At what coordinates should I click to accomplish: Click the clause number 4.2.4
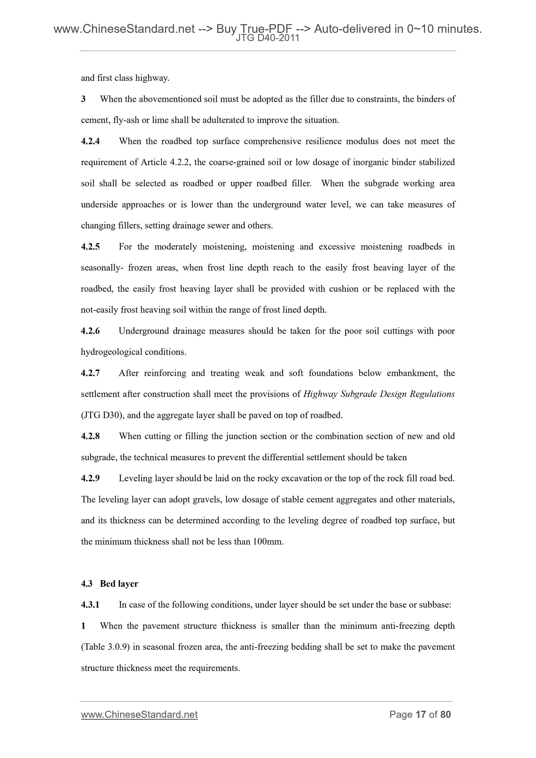point(90,141)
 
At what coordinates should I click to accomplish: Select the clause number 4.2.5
point(90,247)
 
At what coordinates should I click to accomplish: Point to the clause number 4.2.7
point(90,373)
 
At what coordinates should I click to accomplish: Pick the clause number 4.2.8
point(90,436)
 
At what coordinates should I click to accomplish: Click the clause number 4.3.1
point(90,605)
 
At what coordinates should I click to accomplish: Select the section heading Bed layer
point(119,584)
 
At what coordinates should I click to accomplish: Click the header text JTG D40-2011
point(267,38)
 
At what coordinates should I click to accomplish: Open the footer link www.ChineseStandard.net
point(139,715)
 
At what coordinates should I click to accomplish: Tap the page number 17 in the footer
point(420,715)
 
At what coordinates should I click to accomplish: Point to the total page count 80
point(445,715)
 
